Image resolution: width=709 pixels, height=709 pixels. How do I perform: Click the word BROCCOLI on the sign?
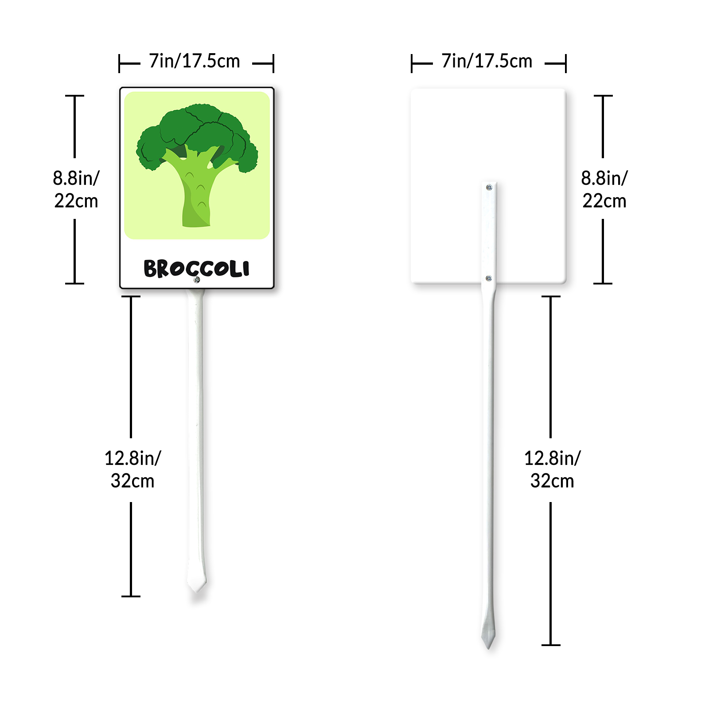[196, 269]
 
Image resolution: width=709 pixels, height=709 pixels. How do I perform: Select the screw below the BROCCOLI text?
[197, 280]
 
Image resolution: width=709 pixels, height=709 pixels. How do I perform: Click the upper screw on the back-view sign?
[489, 187]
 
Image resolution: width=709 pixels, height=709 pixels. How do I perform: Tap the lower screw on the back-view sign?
[489, 278]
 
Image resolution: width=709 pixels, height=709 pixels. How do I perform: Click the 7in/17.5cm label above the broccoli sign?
[195, 61]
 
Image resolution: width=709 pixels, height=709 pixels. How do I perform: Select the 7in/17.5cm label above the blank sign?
[487, 61]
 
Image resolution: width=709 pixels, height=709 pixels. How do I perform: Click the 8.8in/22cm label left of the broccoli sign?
[76, 189]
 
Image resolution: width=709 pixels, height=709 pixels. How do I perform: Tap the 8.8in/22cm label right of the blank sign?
[604, 189]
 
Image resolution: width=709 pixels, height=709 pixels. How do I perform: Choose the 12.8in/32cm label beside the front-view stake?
[132, 469]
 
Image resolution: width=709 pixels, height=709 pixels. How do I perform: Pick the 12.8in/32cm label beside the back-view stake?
[552, 469]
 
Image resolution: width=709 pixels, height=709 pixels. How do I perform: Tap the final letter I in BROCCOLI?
[246, 268]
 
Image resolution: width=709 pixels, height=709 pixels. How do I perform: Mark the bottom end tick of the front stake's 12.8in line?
[131, 596]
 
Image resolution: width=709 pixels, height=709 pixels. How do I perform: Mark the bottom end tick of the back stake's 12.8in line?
[551, 645]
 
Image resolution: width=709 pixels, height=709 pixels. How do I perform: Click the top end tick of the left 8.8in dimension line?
[74, 96]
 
